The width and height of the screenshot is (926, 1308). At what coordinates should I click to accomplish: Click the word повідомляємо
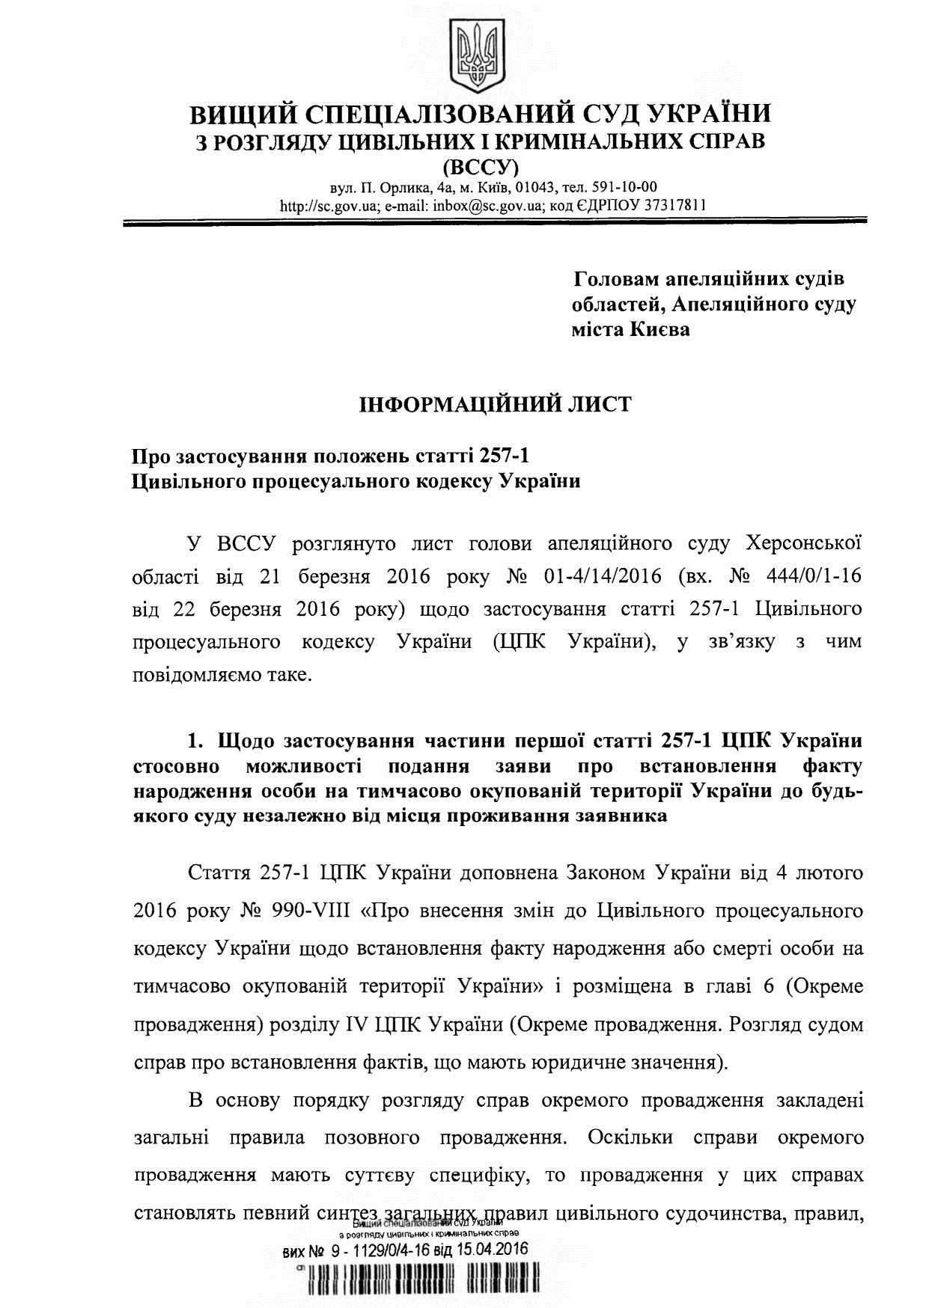(x=190, y=675)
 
